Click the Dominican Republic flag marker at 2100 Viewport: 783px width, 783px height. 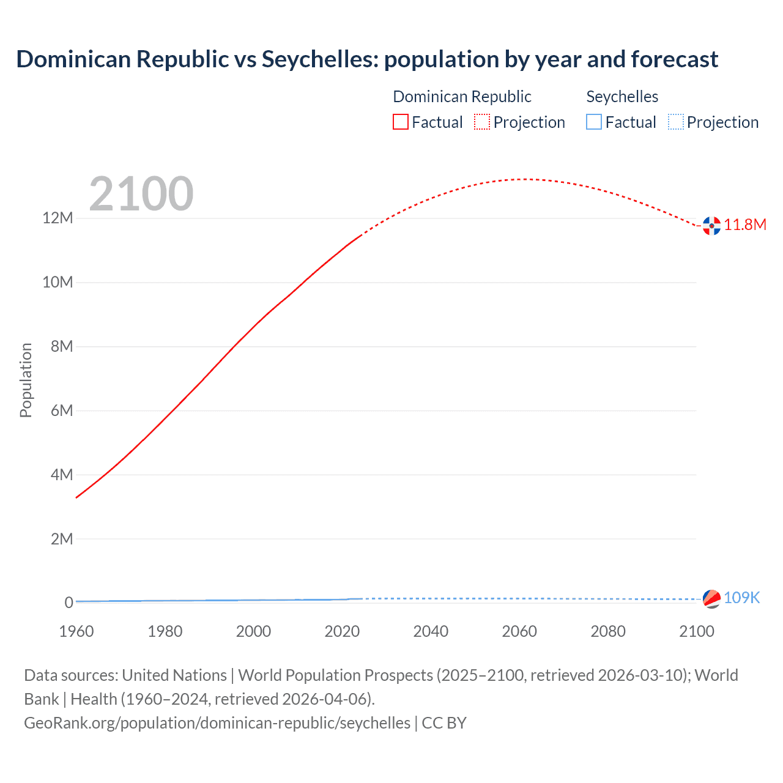click(711, 226)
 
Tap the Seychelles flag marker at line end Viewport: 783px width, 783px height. click(711, 599)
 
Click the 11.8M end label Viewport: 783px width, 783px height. click(745, 225)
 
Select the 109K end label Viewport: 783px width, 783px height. click(741, 598)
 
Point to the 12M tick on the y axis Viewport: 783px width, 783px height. click(58, 218)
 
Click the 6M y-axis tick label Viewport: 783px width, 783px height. click(62, 410)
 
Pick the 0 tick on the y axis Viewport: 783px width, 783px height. click(69, 603)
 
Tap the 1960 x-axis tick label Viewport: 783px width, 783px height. click(76, 631)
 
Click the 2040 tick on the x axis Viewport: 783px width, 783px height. click(431, 631)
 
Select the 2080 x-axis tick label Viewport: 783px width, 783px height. click(608, 631)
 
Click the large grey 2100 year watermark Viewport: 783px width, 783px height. click(141, 195)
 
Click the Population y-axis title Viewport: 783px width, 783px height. click(26, 380)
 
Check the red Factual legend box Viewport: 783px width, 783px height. click(401, 122)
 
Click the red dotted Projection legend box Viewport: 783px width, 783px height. click(482, 122)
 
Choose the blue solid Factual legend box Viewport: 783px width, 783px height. click(594, 122)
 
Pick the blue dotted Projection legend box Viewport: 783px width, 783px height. click(675, 122)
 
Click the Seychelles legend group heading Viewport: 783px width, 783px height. click(622, 97)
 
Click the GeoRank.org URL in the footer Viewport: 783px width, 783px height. click(217, 723)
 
